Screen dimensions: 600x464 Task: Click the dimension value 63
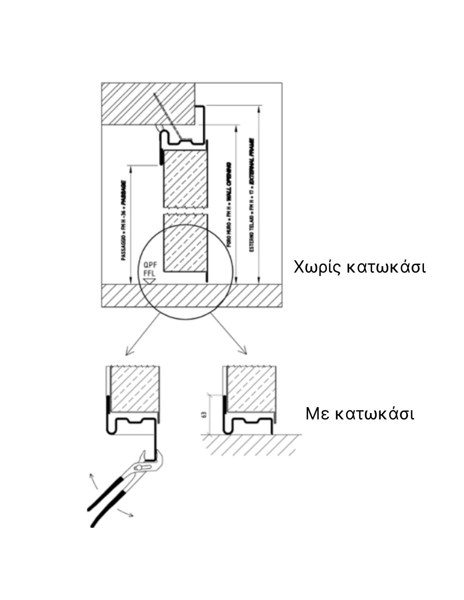(x=205, y=414)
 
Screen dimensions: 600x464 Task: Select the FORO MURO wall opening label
(x=229, y=205)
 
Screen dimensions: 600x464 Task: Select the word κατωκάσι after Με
(x=374, y=414)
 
